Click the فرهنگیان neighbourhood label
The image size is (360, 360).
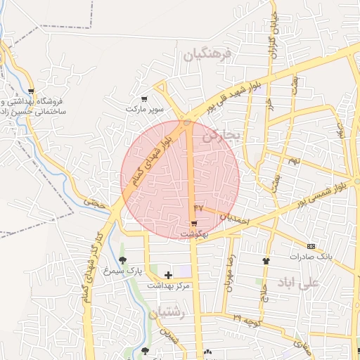pos(209,55)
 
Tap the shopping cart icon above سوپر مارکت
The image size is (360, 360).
pos(144,99)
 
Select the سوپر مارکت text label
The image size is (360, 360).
pos(144,110)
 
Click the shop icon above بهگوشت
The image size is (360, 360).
pos(193,223)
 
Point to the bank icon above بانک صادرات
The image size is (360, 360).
pos(311,246)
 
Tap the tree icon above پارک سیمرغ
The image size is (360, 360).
pos(123,260)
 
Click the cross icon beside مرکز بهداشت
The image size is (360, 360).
pos(167,275)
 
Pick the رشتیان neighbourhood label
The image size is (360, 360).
pos(167,314)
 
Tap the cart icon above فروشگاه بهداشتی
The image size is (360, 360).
pos(31,91)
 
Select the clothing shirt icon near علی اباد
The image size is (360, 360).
pos(266,261)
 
